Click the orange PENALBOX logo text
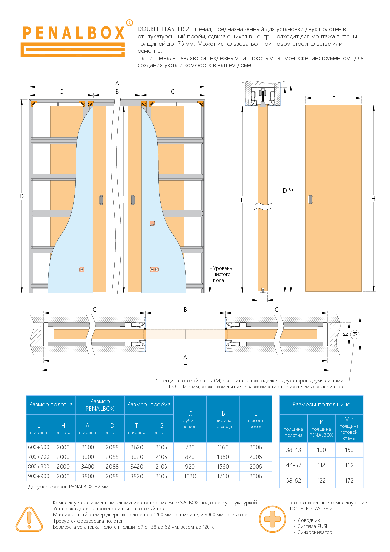[x=74, y=33]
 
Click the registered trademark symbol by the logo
[x=129, y=23]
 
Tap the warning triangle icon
[x=29, y=519]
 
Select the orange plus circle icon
[x=272, y=519]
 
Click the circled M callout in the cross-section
[x=355, y=334]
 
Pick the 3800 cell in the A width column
[x=87, y=476]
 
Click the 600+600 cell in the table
[x=39, y=447]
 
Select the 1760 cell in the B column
[x=223, y=476]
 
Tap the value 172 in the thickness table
[x=349, y=480]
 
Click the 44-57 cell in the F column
[x=293, y=465]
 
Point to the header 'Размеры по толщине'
[x=321, y=404]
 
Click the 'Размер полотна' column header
[x=51, y=404]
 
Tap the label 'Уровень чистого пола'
[x=222, y=274]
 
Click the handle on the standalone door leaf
[x=310, y=199]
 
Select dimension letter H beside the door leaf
[x=373, y=198]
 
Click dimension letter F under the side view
[x=263, y=300]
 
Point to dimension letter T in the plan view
[x=185, y=367]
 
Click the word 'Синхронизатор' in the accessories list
[x=315, y=532]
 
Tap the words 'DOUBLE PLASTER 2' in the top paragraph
[x=163, y=29]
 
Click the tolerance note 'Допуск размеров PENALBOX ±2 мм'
[x=68, y=487]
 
